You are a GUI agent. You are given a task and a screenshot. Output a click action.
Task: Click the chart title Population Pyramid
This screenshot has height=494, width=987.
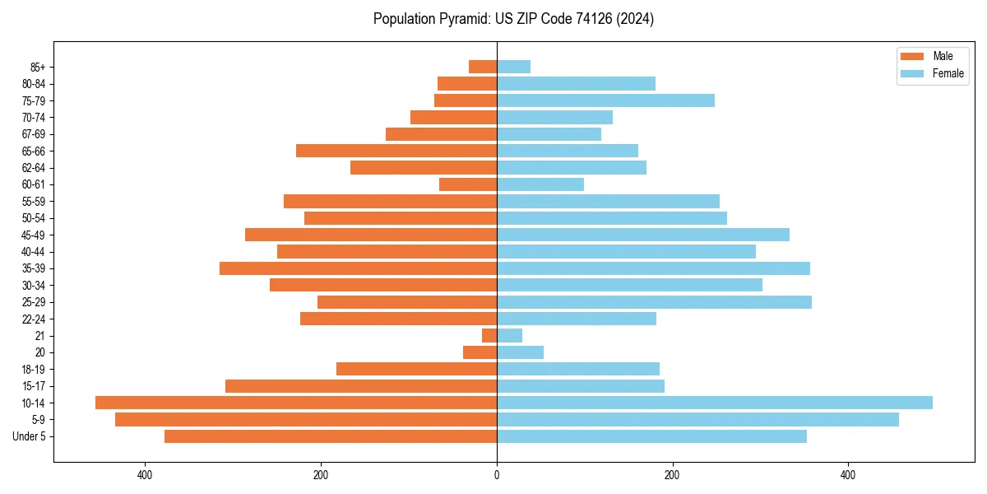point(513,19)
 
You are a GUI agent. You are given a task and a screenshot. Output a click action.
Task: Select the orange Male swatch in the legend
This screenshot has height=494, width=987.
point(912,56)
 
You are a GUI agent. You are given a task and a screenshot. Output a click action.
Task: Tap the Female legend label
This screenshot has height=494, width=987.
point(948,73)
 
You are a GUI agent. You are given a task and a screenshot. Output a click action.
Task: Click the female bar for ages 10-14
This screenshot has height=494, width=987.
point(714,403)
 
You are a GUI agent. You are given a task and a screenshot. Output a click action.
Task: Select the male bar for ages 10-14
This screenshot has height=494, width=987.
point(296,403)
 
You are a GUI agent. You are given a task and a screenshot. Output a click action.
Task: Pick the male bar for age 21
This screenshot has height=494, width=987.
point(489,335)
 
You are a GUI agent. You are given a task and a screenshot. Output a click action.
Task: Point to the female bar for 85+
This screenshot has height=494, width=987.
point(513,67)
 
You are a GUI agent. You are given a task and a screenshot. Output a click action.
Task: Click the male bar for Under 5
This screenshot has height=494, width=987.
point(331,436)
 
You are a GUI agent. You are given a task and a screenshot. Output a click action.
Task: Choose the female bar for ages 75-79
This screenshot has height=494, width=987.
point(605,100)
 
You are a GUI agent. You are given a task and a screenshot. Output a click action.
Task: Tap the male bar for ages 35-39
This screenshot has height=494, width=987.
point(358,268)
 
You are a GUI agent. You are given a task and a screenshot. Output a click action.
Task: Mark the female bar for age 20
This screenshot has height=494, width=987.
point(520,352)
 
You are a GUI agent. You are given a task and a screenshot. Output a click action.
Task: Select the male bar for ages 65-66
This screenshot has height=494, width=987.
point(396,151)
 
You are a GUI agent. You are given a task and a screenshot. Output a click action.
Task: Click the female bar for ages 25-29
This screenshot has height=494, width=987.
point(654,302)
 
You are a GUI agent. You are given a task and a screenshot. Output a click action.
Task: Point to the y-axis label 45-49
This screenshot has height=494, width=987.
point(34,235)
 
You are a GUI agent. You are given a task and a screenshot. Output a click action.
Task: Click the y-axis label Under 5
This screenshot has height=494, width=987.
point(30,436)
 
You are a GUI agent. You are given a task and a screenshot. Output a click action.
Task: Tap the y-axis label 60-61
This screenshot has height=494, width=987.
point(34,184)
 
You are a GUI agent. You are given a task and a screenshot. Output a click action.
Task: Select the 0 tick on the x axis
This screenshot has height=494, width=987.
point(497,475)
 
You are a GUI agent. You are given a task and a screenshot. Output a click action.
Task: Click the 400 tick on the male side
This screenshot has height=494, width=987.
point(145,475)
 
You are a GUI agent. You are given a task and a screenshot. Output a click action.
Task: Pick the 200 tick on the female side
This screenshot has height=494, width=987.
point(672,475)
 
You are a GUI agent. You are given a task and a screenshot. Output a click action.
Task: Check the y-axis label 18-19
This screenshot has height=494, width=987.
point(34,369)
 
